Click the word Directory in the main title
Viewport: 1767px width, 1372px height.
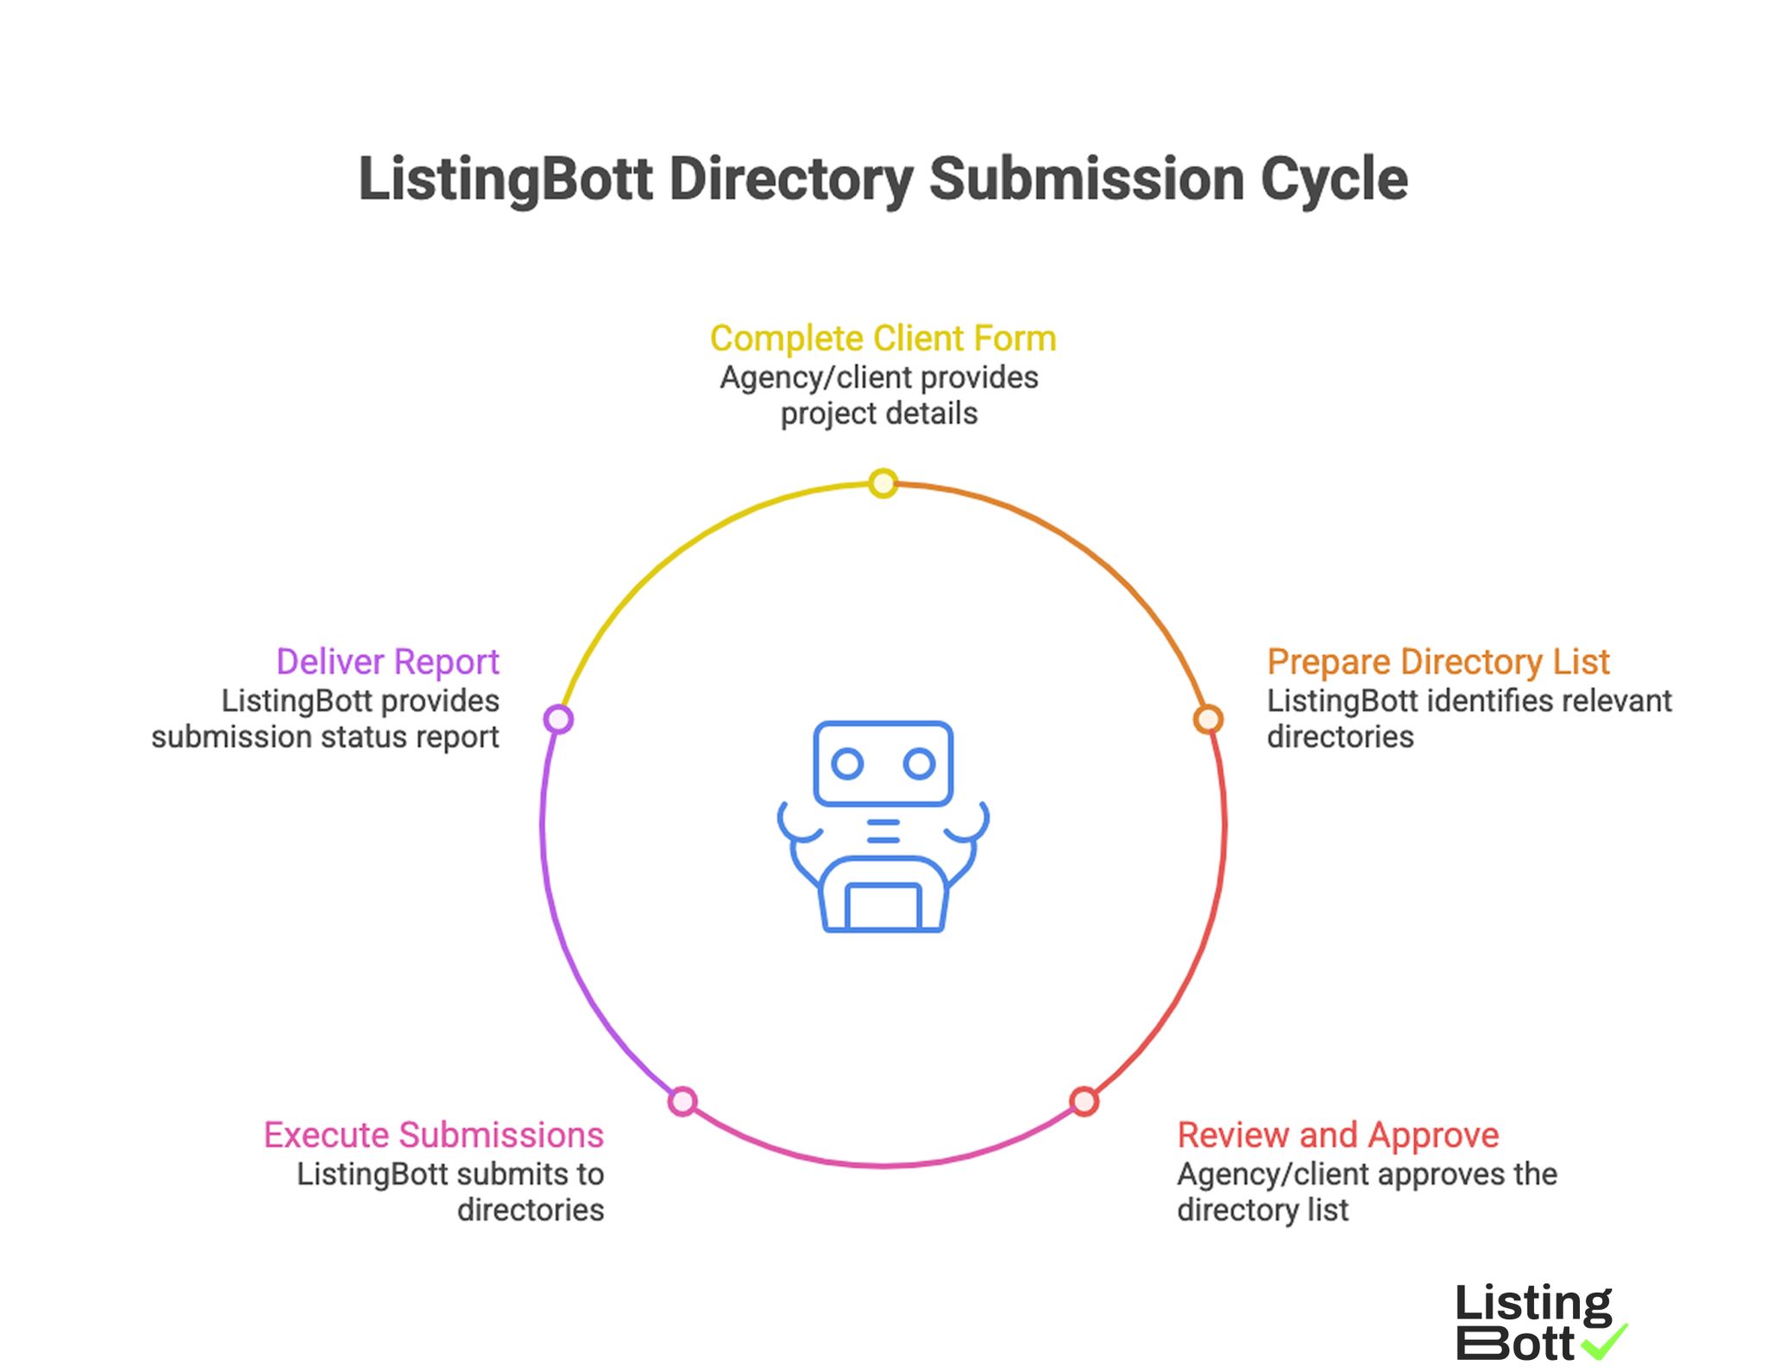click(x=789, y=179)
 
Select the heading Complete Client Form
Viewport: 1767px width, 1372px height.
click(x=883, y=338)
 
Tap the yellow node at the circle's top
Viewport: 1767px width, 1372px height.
click(x=883, y=483)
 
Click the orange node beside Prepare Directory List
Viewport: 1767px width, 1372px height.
click(x=1208, y=719)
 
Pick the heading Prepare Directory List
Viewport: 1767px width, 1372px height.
click(x=1437, y=662)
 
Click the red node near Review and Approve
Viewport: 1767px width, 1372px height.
click(x=1084, y=1101)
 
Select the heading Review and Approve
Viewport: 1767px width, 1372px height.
click(x=1337, y=1135)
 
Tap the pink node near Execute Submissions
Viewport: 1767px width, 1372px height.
click(x=682, y=1101)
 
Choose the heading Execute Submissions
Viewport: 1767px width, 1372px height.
click(x=433, y=1135)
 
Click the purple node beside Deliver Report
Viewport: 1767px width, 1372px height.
click(x=558, y=719)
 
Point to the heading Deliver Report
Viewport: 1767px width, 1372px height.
click(x=387, y=662)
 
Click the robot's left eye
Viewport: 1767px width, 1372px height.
click(x=846, y=764)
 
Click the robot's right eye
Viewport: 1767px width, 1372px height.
click(x=919, y=764)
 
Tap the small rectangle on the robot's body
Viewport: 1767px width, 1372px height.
click(x=883, y=906)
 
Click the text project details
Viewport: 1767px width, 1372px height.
click(x=878, y=413)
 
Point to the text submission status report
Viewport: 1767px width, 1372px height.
click(x=324, y=737)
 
